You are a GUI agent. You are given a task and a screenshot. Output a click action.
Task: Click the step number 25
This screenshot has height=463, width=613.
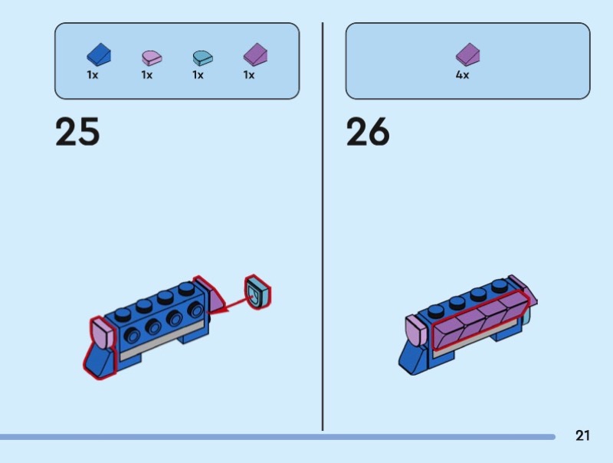click(x=77, y=132)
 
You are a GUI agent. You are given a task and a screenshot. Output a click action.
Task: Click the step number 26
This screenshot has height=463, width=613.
click(x=368, y=132)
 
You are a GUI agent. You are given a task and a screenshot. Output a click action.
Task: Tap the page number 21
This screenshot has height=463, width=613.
click(x=582, y=435)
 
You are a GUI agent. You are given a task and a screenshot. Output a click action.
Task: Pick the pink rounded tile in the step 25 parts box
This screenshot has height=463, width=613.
click(x=151, y=57)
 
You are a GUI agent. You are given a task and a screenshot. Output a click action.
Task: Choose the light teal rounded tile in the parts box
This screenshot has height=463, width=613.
click(x=202, y=57)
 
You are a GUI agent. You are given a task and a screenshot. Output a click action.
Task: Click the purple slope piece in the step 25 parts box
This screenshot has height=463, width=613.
click(x=254, y=54)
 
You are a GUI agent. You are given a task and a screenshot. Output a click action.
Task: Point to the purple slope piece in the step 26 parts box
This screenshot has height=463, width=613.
click(x=467, y=54)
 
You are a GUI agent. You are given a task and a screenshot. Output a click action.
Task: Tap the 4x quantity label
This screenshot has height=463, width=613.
click(x=462, y=75)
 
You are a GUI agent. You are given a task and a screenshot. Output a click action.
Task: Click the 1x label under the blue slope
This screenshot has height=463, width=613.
click(x=93, y=75)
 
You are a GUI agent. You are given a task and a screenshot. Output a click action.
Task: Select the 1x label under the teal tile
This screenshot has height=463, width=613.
click(x=198, y=75)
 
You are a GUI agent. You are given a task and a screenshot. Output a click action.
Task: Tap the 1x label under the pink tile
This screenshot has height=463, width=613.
click(x=146, y=75)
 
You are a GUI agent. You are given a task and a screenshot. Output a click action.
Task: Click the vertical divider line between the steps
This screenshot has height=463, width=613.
click(x=323, y=230)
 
